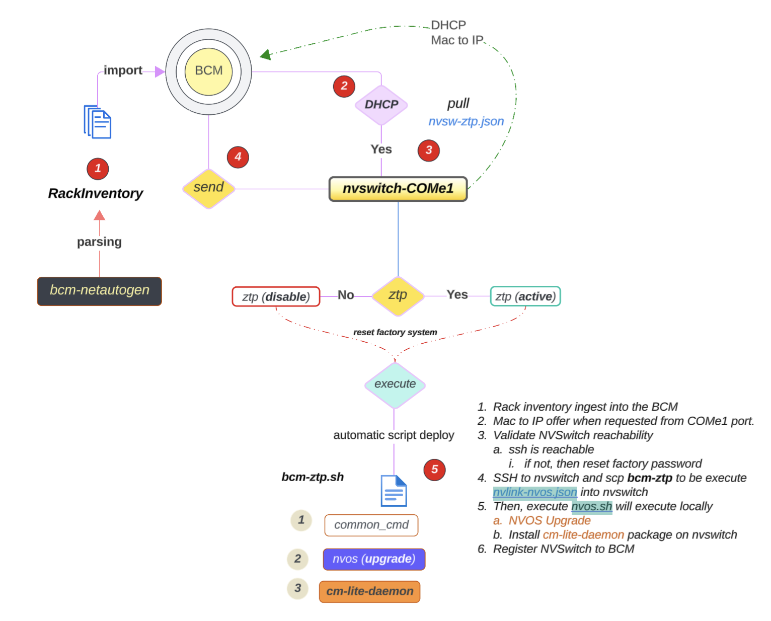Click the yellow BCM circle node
pyautogui.click(x=208, y=71)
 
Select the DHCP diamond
pyautogui.click(x=381, y=105)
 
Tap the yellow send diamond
pyautogui.click(x=208, y=188)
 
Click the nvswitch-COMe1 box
pyautogui.click(x=398, y=189)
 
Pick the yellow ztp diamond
pyautogui.click(x=398, y=296)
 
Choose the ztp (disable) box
pyautogui.click(x=276, y=296)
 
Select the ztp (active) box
pyautogui.click(x=525, y=296)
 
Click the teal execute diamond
pyautogui.click(x=395, y=384)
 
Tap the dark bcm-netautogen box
pyautogui.click(x=99, y=291)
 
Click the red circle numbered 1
pyautogui.click(x=98, y=169)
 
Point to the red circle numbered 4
pyautogui.click(x=238, y=157)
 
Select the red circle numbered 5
pyautogui.click(x=434, y=470)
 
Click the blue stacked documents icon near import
pyautogui.click(x=98, y=122)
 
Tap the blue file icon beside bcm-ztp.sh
pyautogui.click(x=394, y=491)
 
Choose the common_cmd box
pyautogui.click(x=371, y=525)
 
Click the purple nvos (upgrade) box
pyautogui.click(x=374, y=559)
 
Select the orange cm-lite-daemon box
pyautogui.click(x=369, y=591)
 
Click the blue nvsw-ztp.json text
pyautogui.click(x=466, y=121)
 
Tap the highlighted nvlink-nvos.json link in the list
pyautogui.click(x=534, y=492)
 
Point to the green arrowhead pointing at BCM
pyautogui.click(x=266, y=54)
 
